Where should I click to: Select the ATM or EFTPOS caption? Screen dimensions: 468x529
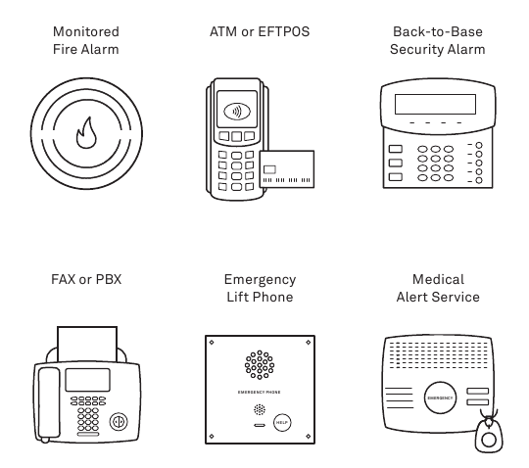[x=259, y=31]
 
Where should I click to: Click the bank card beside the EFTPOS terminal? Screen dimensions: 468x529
[x=286, y=171]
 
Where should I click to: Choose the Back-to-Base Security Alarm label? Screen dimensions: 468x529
[x=438, y=40]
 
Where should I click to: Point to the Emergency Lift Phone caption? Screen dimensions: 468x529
[x=259, y=288]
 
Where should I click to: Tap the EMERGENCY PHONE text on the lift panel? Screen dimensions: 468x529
[x=259, y=393]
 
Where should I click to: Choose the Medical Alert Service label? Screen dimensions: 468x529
[x=438, y=288]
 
